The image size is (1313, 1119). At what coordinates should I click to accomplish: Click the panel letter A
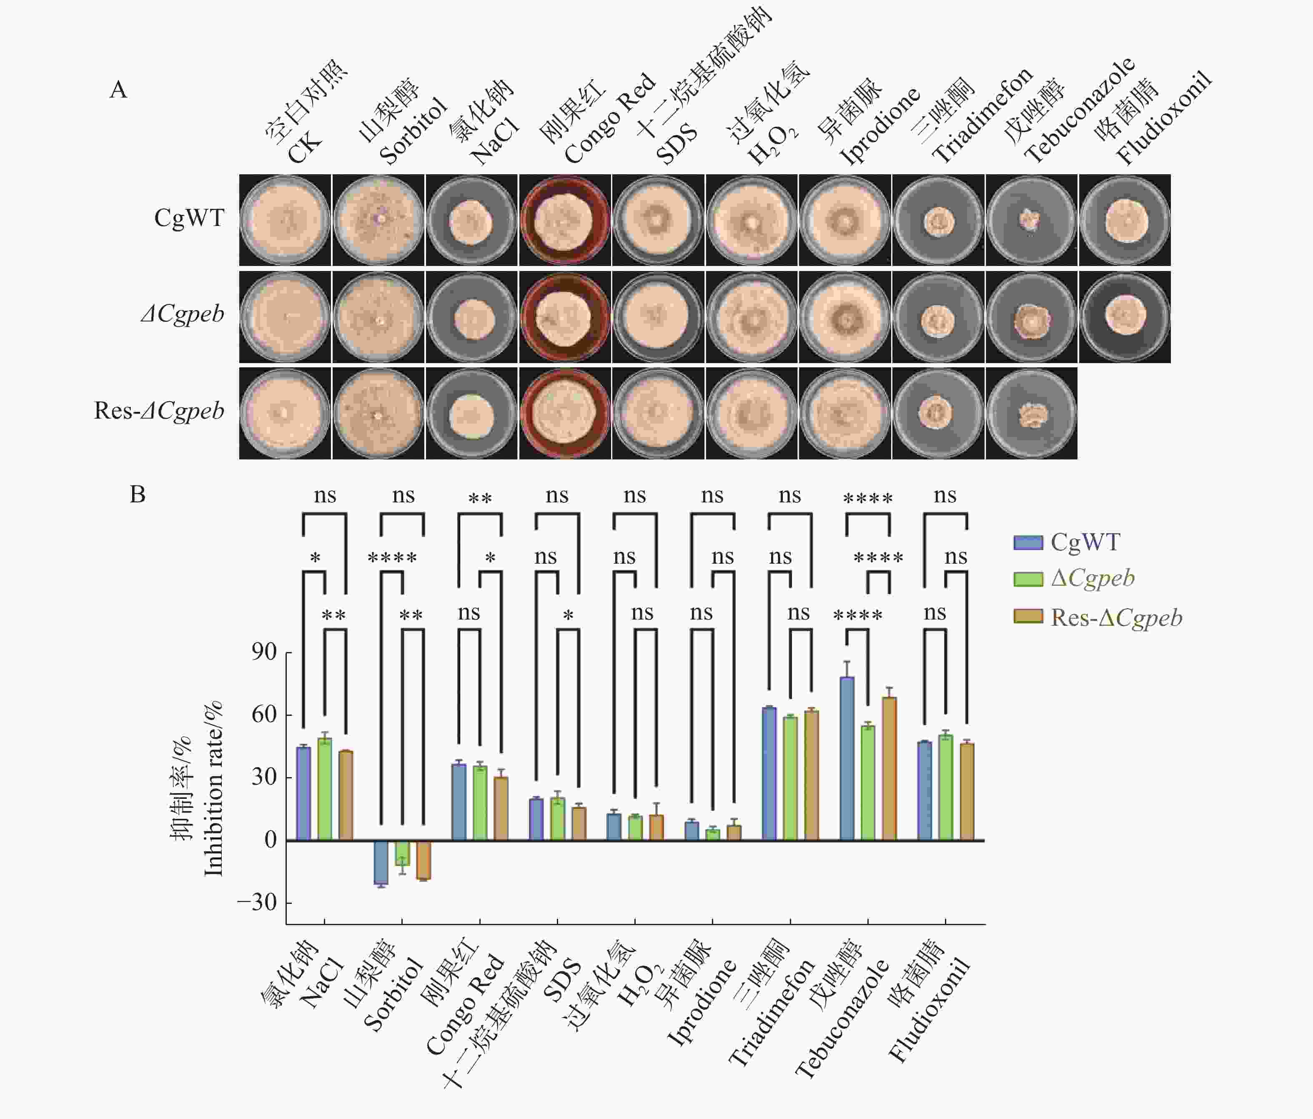tap(118, 90)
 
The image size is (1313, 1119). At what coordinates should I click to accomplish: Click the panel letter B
tap(138, 494)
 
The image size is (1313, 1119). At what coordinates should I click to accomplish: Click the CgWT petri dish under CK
tap(285, 220)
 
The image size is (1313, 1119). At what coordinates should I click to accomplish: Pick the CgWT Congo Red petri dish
tap(565, 220)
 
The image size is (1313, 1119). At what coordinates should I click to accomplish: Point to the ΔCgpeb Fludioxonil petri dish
tap(1125, 317)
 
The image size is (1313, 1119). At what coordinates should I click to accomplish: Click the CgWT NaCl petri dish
tap(471, 220)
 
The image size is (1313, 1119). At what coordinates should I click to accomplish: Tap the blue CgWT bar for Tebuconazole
tap(847, 758)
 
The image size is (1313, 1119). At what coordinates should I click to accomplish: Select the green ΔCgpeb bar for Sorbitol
tap(402, 853)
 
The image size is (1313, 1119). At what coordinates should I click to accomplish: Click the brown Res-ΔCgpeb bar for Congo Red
tap(501, 808)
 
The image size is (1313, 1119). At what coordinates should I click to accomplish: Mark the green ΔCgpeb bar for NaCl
tap(324, 789)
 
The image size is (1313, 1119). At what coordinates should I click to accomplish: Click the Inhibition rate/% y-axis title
tap(213, 789)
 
